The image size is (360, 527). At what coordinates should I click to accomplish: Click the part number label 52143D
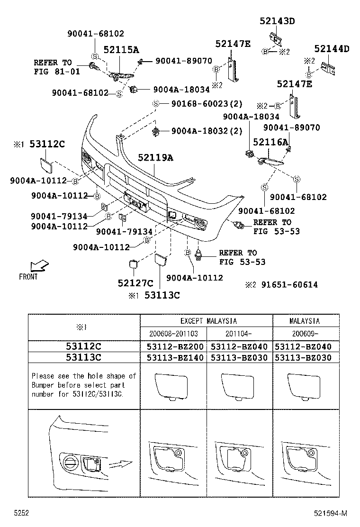pyautogui.click(x=277, y=21)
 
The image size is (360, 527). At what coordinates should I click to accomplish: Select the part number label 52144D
pyautogui.click(x=332, y=49)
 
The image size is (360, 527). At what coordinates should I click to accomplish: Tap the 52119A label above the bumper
pyautogui.click(x=155, y=158)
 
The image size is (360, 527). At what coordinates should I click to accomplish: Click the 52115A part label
pyautogui.click(x=121, y=50)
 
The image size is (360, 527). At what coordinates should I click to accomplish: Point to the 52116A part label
pyautogui.click(x=270, y=142)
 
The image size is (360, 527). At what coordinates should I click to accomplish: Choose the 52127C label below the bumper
pyautogui.click(x=135, y=283)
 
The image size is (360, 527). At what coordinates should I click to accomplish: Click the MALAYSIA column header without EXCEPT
pyautogui.click(x=305, y=321)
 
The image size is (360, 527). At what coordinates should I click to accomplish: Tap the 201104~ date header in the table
pyautogui.click(x=239, y=333)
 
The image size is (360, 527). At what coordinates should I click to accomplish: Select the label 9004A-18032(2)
pyautogui.click(x=207, y=131)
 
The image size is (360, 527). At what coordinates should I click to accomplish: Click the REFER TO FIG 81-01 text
pyautogui.click(x=53, y=67)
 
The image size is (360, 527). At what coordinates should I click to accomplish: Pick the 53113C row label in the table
pyautogui.click(x=83, y=358)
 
